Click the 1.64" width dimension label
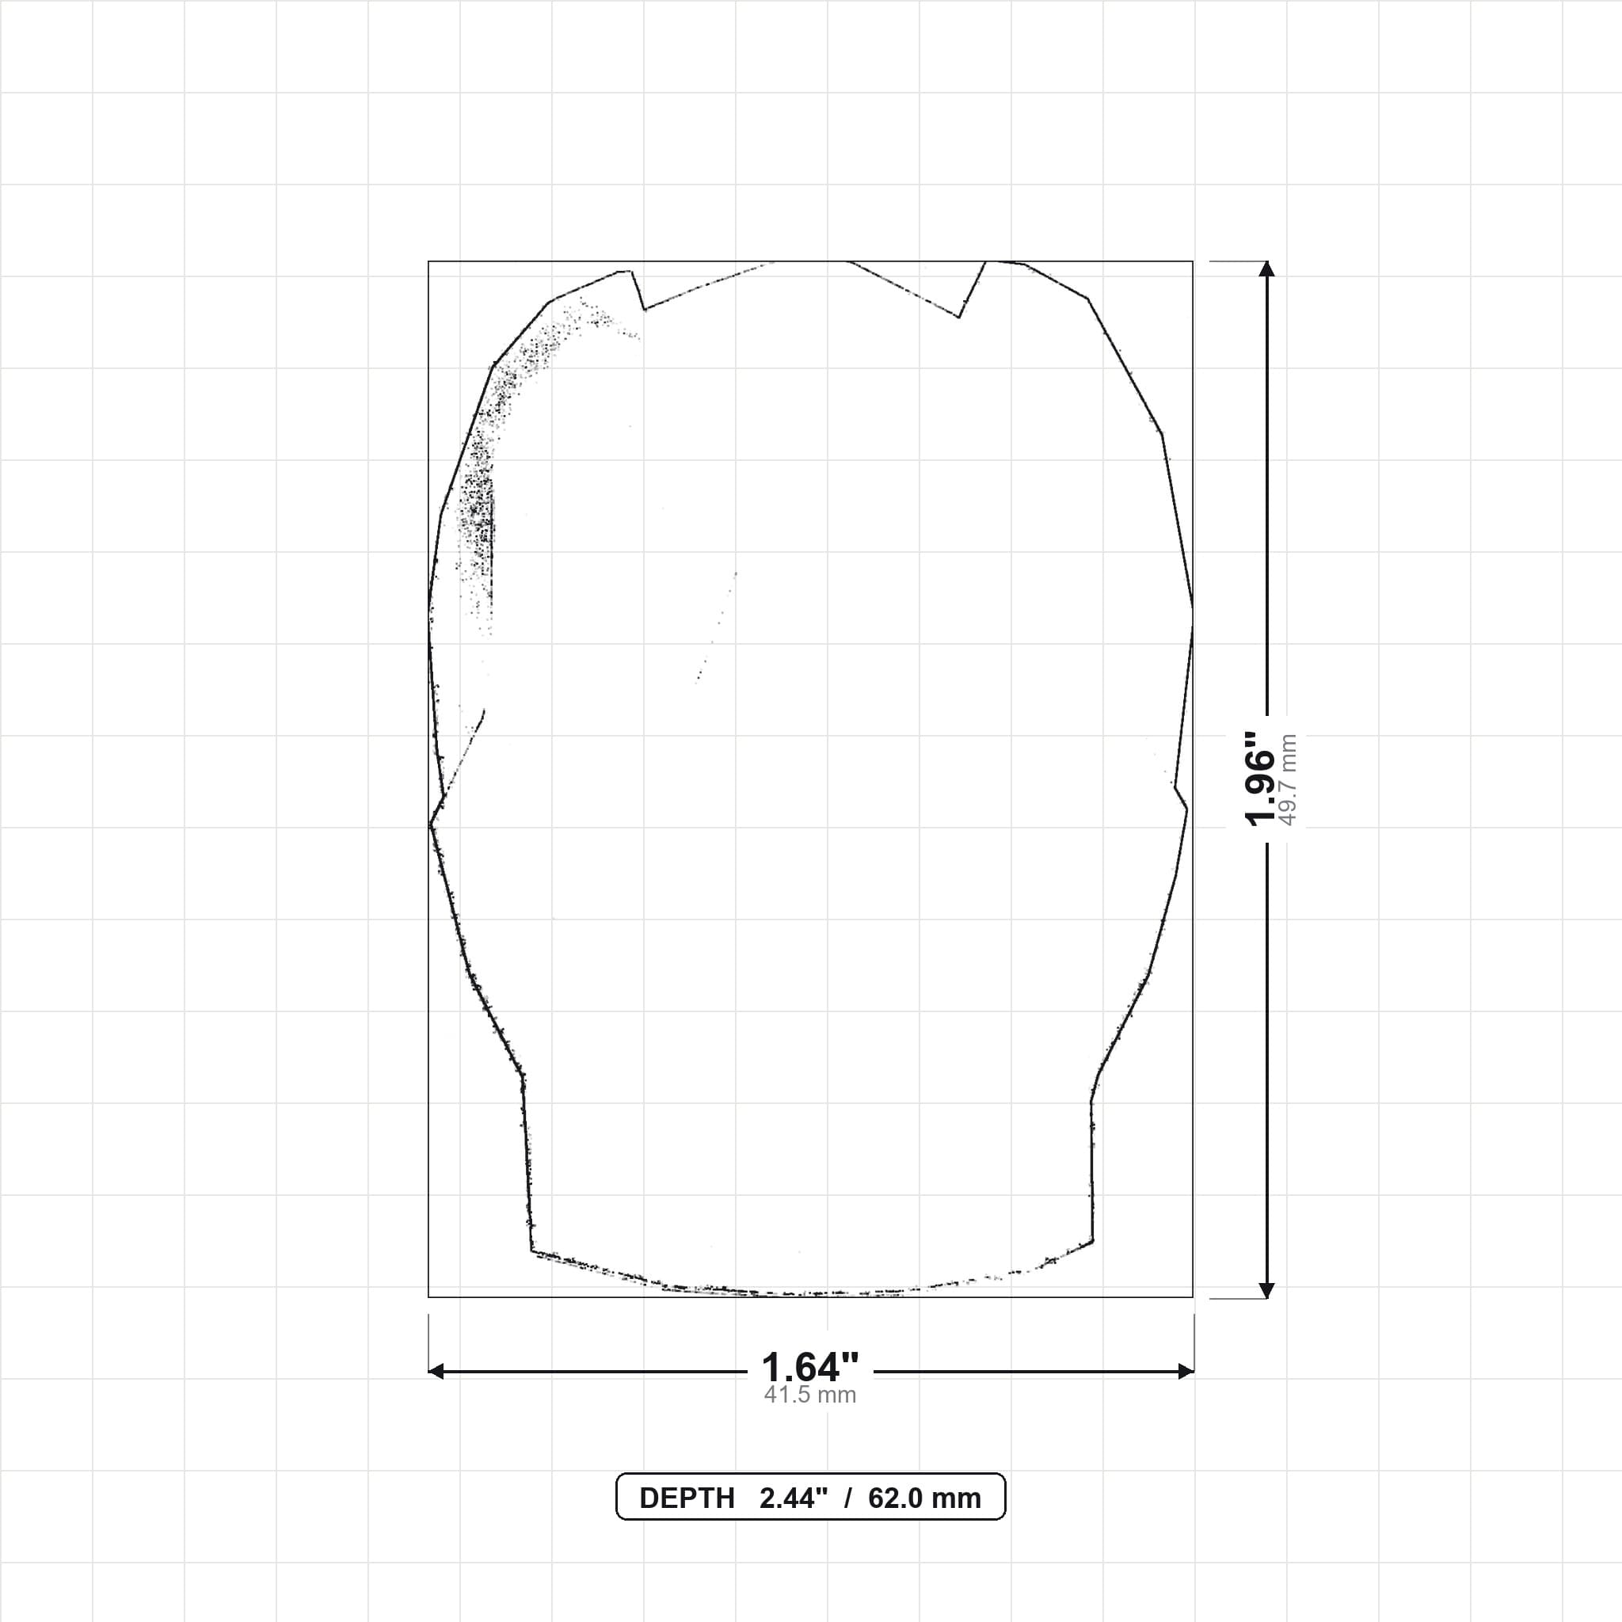[810, 1368]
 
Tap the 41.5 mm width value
[810, 1395]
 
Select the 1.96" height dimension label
[1260, 779]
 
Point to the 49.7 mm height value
[1288, 780]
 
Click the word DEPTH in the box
[687, 1498]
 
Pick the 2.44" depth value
[794, 1498]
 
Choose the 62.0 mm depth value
[924, 1498]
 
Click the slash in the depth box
[848, 1498]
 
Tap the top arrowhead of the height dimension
[1268, 268]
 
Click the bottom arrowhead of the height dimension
[1268, 1290]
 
